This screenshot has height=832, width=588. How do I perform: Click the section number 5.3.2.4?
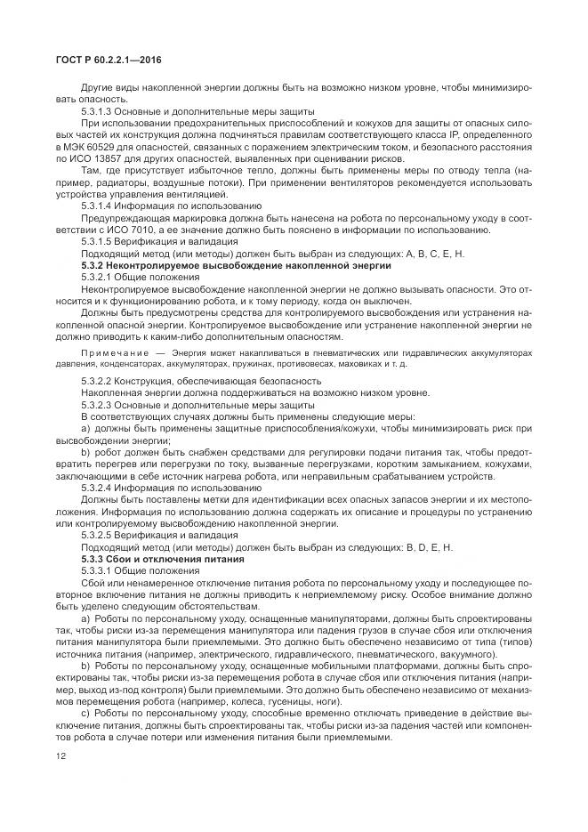click(99, 487)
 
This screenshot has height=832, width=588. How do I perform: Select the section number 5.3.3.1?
click(99, 569)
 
